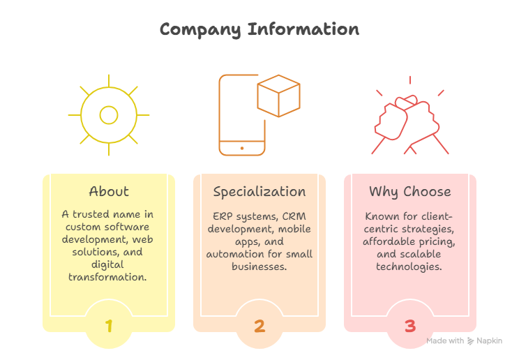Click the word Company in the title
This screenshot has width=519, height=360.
200,29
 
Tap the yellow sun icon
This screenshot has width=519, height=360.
108,114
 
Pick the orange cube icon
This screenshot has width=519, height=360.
278,98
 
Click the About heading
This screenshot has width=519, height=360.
109,191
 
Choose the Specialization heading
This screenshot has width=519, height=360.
259,191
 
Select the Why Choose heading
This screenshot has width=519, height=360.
410,191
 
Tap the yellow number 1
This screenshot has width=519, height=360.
109,325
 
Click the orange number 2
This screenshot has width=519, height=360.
259,325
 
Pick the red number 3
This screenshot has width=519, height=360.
410,325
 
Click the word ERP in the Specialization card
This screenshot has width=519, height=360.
220,216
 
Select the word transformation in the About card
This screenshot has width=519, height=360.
109,277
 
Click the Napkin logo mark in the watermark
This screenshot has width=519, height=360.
472,341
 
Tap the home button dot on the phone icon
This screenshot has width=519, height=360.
242,148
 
